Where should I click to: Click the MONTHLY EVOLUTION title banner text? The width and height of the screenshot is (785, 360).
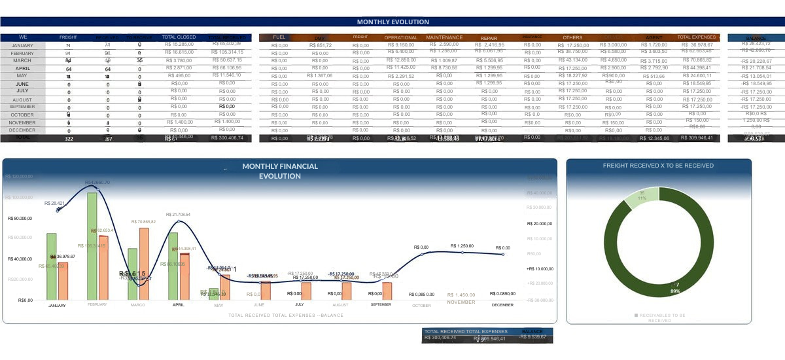(x=392, y=22)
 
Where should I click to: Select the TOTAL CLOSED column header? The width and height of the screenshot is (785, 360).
(x=179, y=37)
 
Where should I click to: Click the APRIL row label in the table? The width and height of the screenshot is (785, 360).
(x=22, y=68)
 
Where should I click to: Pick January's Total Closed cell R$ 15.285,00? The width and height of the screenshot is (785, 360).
(x=179, y=45)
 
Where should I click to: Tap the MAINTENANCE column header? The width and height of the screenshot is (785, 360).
(x=444, y=37)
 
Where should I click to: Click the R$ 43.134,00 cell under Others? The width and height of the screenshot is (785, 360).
(x=572, y=60)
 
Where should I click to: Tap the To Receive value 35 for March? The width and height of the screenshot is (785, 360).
(x=139, y=60)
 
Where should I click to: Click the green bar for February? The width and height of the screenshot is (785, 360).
(x=92, y=245)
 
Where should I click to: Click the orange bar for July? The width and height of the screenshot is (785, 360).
(x=306, y=291)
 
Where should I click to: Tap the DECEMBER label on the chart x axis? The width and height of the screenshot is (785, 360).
(x=503, y=305)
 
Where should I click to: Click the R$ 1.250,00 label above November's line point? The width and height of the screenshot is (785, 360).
(x=462, y=245)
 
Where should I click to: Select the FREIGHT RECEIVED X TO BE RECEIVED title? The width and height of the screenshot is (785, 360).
(x=658, y=166)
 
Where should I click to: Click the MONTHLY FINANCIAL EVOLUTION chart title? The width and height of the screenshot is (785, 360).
(x=280, y=171)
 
